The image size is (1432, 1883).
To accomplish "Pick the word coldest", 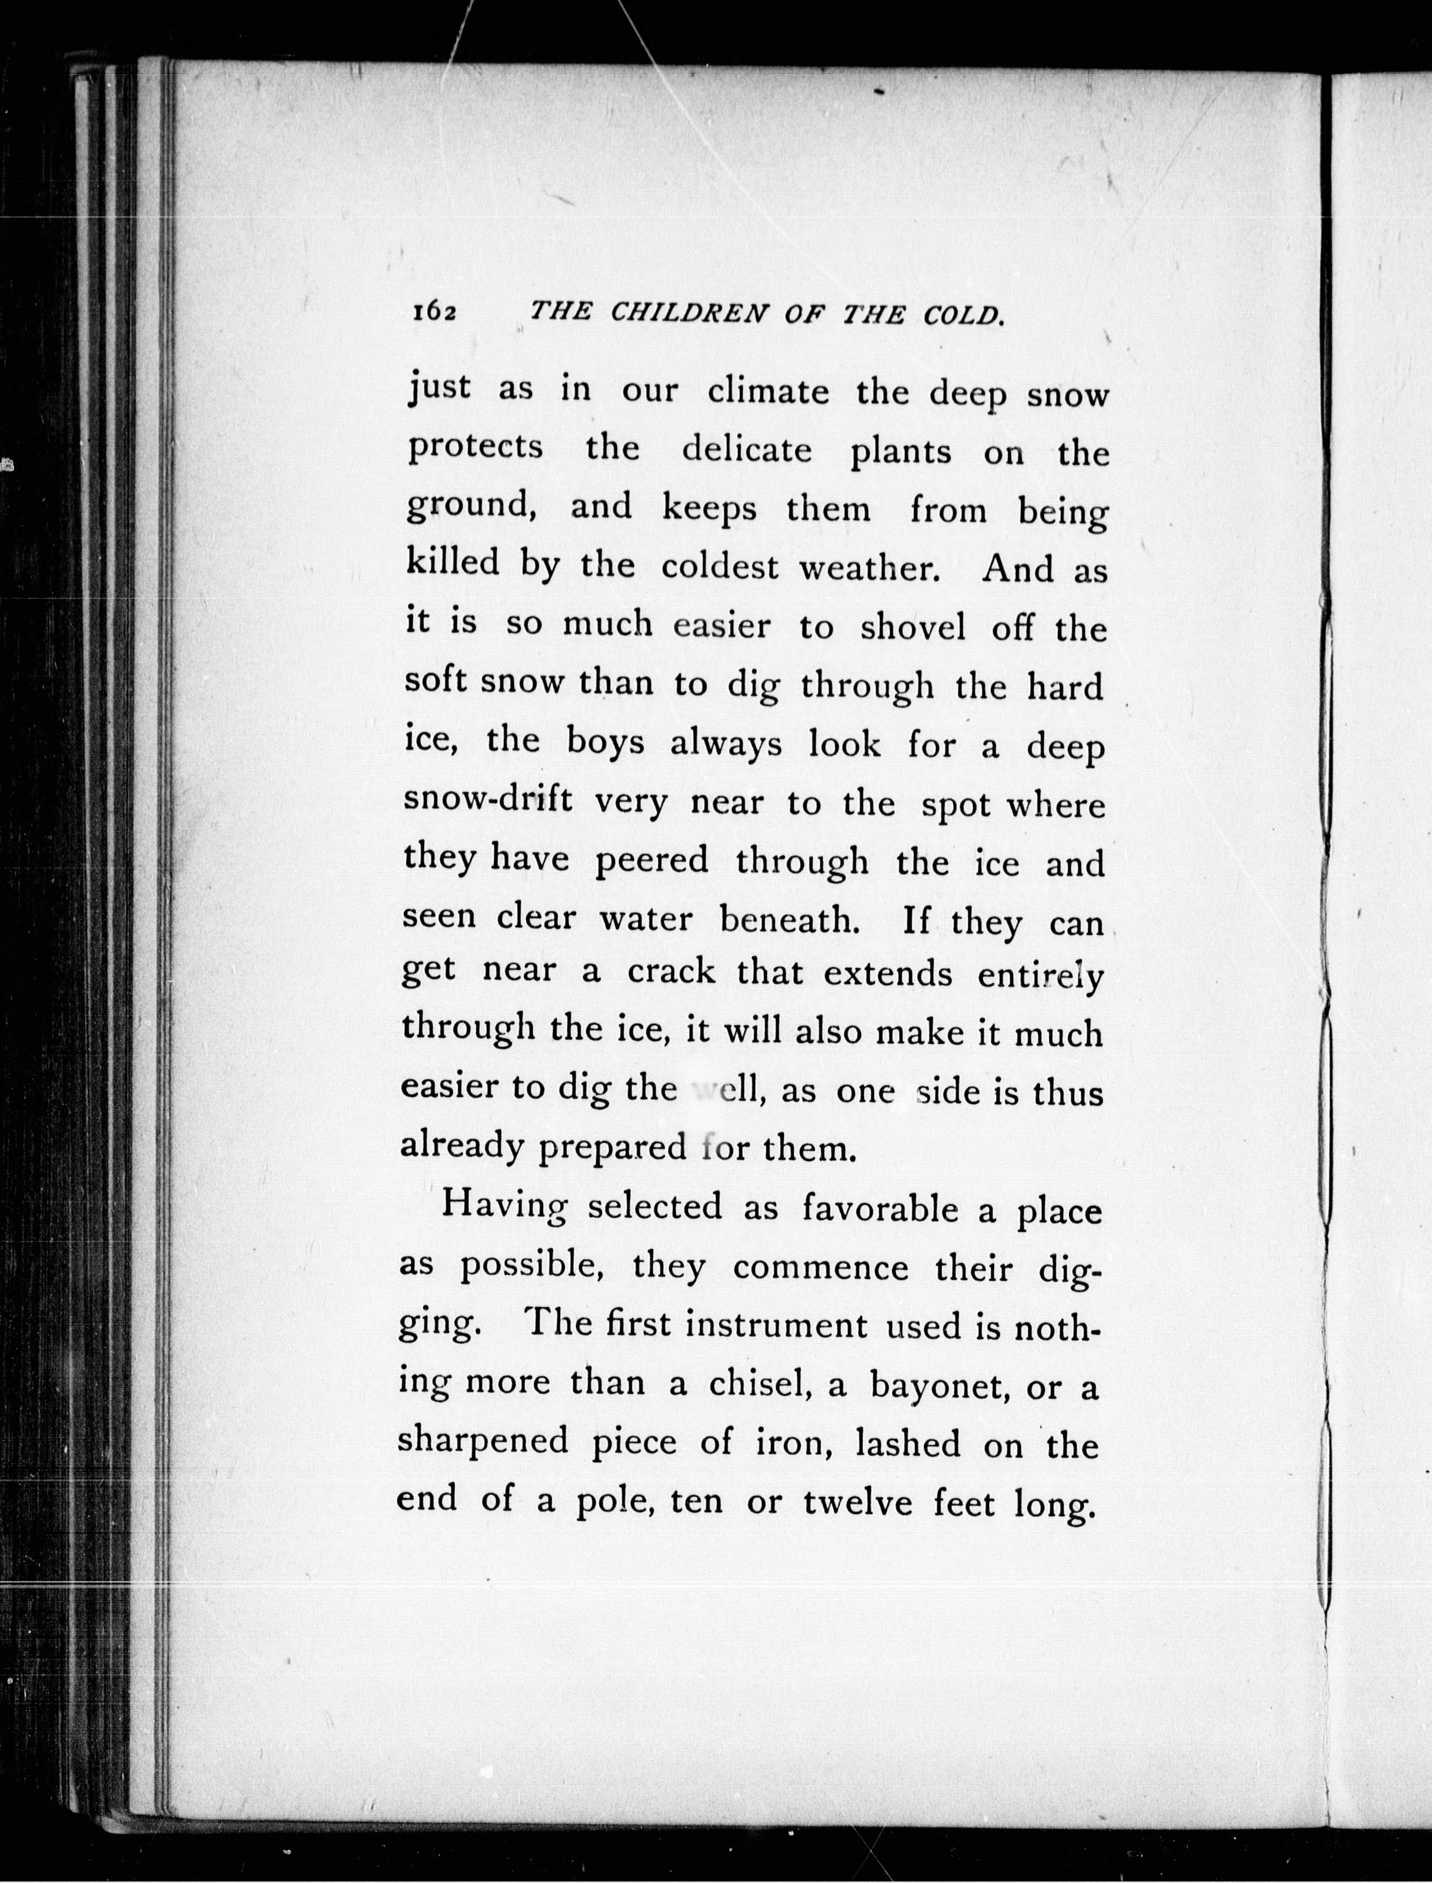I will [720, 566].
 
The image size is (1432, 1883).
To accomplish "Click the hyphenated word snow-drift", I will [488, 801].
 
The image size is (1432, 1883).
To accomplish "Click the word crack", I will [672, 972].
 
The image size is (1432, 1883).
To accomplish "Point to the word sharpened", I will [483, 1442].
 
